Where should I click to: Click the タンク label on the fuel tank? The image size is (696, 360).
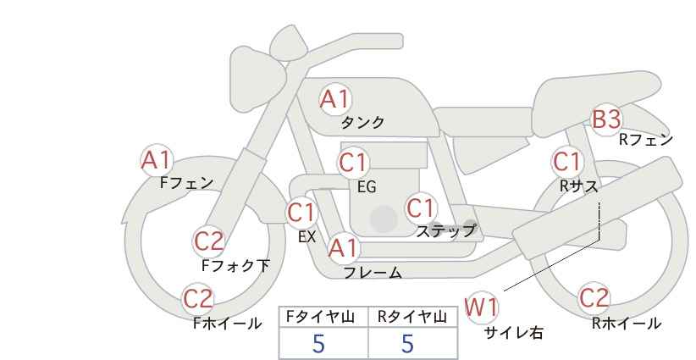coord(362,123)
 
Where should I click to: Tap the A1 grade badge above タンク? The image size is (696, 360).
coord(334,99)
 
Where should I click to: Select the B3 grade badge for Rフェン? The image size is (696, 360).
coord(606,119)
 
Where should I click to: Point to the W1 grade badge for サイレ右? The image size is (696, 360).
coord(482,307)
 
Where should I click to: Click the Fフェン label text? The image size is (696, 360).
coord(186,182)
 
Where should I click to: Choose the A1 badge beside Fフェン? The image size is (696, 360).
coord(156,159)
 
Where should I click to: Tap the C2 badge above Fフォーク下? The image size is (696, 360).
coord(208,241)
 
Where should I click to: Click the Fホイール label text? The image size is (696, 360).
coord(227,324)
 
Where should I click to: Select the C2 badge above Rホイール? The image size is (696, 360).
coord(594,298)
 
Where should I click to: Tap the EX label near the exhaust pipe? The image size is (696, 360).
coord(307,237)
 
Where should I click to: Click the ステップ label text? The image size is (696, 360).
coord(446,230)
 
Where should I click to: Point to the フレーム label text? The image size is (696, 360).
coord(373,273)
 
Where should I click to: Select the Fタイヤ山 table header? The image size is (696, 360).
coord(323,317)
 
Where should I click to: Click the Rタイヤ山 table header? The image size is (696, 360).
coord(412,317)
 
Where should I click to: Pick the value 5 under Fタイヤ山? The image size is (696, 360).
coord(318,343)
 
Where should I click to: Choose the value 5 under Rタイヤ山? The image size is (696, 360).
coord(407,343)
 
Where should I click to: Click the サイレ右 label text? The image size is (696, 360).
coord(513,333)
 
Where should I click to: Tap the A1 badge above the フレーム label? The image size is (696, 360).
coord(343,248)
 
